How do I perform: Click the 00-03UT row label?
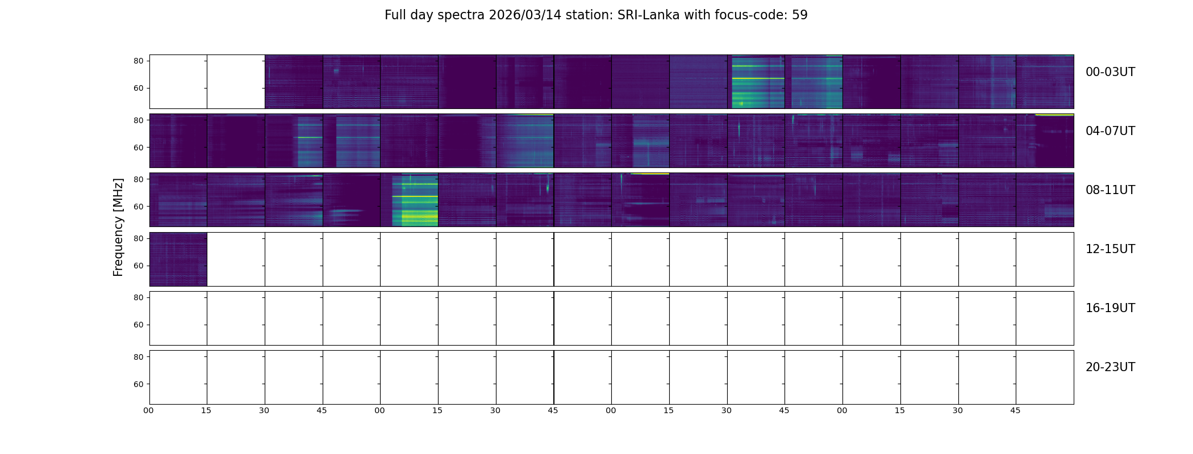[x=1110, y=72]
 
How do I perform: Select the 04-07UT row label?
[x=1110, y=131]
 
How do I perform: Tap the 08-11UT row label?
[x=1110, y=190]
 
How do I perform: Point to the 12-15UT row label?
[x=1110, y=249]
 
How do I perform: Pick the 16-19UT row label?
[x=1110, y=308]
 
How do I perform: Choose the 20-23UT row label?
[x=1110, y=367]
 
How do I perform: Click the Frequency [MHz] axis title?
[x=118, y=227]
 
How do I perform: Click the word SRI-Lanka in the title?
[x=648, y=15]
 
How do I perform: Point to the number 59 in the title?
[x=799, y=15]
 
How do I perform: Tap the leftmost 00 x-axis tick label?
[x=149, y=410]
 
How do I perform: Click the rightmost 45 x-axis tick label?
[x=1015, y=410]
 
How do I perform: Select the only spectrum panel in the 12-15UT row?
[x=178, y=259]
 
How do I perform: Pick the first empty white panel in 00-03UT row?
[x=178, y=82]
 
